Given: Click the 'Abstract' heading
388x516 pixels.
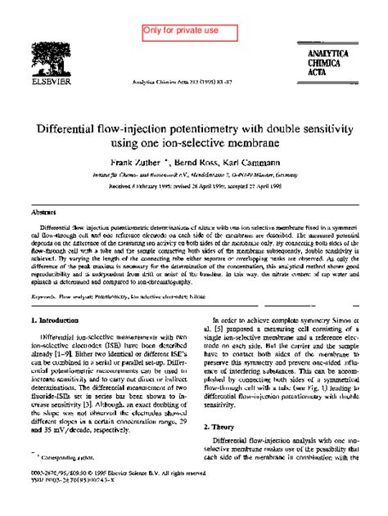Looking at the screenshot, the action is coord(43,211).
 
